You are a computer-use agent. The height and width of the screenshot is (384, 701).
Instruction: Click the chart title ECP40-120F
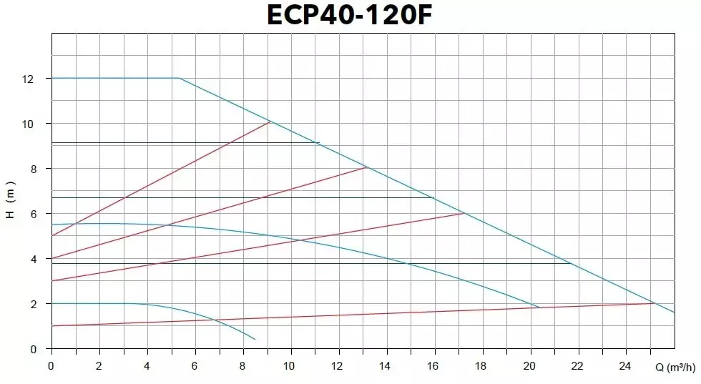pos(350,16)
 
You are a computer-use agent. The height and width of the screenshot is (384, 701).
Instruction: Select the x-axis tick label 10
pos(290,366)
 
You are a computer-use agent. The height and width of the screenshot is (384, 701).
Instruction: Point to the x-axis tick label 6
pos(195,366)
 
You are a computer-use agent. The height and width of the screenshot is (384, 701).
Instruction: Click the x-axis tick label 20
pos(530,366)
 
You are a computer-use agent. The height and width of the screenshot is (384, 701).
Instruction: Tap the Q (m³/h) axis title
pos(675,368)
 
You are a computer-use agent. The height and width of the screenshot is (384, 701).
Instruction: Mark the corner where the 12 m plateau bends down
pos(178,78)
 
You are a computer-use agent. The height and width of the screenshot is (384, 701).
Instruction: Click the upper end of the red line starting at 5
pos(270,122)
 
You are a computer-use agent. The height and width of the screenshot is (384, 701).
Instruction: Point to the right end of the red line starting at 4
pos(366,167)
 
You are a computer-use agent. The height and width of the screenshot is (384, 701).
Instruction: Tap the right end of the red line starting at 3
pos(464,213)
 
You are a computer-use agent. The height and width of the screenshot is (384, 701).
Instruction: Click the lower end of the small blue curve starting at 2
pos(255,339)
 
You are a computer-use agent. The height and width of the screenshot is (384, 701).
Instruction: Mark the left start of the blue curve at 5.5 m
pos(52,225)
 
